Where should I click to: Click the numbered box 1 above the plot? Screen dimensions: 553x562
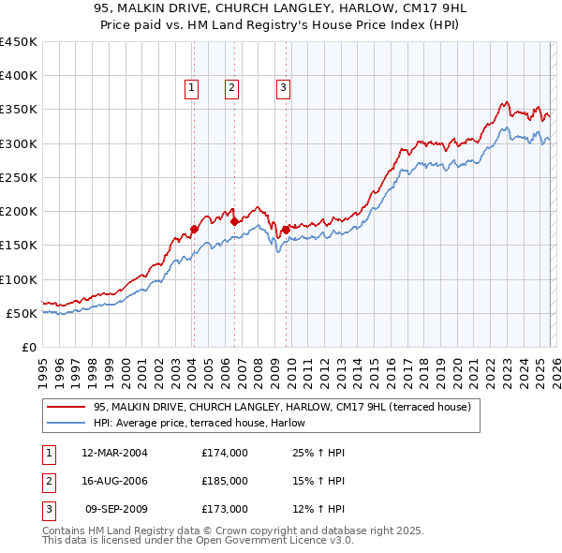(191, 89)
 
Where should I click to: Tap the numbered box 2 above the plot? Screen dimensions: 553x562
(231, 89)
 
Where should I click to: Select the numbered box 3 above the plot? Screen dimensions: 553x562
(282, 89)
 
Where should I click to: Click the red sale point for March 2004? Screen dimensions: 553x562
(194, 229)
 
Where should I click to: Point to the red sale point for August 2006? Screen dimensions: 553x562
(234, 221)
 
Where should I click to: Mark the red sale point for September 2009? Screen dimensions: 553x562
(285, 229)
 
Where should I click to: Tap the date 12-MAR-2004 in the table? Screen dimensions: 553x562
(114, 453)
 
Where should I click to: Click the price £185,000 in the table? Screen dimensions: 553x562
(225, 481)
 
